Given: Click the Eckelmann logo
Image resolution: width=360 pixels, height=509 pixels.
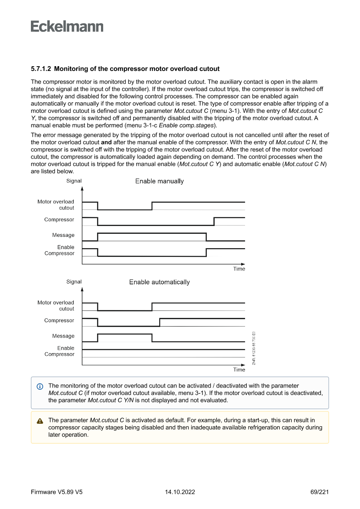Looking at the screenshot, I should click(x=67, y=27).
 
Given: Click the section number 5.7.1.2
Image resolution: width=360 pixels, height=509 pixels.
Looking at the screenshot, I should click(x=41, y=69).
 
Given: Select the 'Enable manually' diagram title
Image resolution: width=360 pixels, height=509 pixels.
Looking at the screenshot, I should click(x=159, y=181).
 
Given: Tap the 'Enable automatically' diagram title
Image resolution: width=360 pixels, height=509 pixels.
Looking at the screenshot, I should click(x=159, y=282).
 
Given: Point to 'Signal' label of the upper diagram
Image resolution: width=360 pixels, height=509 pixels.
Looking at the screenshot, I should click(x=74, y=181).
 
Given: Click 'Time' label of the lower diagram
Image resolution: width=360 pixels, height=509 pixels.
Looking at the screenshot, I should click(x=239, y=370).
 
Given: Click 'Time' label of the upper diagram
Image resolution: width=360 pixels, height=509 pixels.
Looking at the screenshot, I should click(x=239, y=269).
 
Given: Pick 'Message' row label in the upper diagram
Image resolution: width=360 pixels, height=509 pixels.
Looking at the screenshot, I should click(x=63, y=235).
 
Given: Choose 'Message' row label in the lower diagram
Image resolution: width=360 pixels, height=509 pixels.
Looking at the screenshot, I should click(x=63, y=336).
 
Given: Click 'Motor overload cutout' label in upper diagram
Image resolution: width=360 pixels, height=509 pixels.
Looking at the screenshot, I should click(x=56, y=205).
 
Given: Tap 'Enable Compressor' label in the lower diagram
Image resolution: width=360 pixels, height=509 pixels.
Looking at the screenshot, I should click(x=59, y=351).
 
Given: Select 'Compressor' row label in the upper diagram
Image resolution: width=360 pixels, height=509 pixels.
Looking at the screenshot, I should click(x=59, y=219).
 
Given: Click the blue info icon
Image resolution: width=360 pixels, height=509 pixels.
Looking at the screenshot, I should click(x=40, y=386).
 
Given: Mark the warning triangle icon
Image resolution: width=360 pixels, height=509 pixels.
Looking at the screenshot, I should click(x=40, y=421).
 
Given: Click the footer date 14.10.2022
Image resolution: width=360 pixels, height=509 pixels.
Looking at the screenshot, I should click(x=180, y=492).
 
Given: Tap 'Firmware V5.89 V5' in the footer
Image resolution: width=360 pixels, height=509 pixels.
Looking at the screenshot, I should click(x=57, y=492).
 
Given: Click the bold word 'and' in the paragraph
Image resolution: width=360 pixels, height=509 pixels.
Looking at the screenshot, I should click(x=106, y=142).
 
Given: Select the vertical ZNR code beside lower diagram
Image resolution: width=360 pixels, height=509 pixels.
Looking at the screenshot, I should click(x=253, y=348).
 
